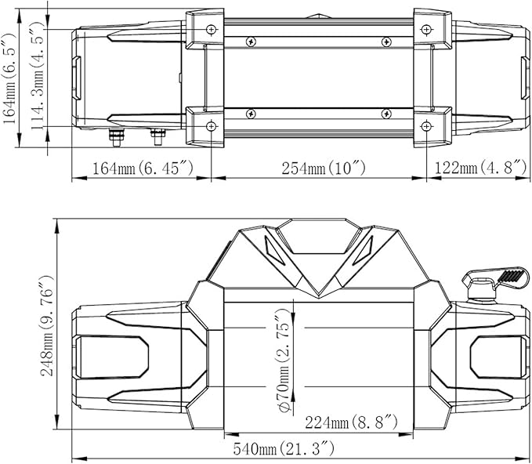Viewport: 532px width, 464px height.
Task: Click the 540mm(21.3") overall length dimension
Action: tap(284, 449)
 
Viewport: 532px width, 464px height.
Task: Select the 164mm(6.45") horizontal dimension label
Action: tap(143, 168)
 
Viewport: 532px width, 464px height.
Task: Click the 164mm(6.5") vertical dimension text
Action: tap(9, 78)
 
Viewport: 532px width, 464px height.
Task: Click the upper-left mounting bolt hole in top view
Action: tap(210, 29)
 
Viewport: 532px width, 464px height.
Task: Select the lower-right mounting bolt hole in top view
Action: tap(425, 126)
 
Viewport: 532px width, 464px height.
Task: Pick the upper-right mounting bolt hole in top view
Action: tap(425, 29)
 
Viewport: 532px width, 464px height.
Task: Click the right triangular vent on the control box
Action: tap(364, 249)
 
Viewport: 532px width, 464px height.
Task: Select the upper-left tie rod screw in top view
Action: tap(250, 41)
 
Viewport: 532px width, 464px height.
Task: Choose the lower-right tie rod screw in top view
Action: tap(385, 115)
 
